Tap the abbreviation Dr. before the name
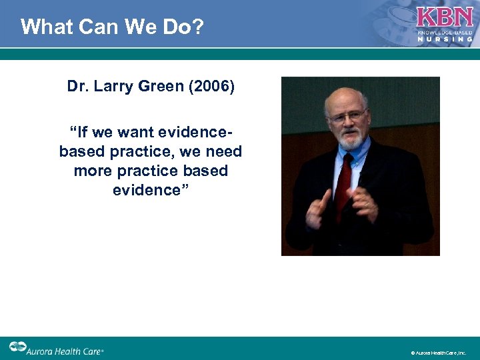(78, 87)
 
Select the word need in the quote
(223, 152)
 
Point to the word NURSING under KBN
(445, 39)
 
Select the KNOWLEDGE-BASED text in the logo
(445, 32)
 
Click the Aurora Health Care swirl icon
(17, 347)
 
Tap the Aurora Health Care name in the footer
(65, 349)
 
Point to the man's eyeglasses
(348, 116)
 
